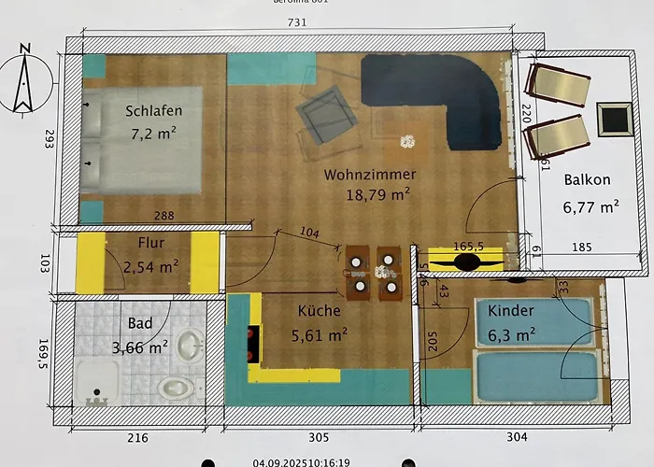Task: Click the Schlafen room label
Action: [x=154, y=111]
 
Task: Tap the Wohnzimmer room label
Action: [x=370, y=175]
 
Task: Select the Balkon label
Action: [x=588, y=180]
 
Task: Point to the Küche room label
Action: [x=320, y=311]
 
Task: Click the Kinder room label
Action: [x=511, y=311]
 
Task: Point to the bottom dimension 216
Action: [x=136, y=437]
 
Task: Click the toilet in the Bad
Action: [x=175, y=386]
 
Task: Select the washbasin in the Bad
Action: [x=191, y=345]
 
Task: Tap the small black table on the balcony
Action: [x=613, y=119]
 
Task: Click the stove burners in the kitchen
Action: [x=250, y=343]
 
